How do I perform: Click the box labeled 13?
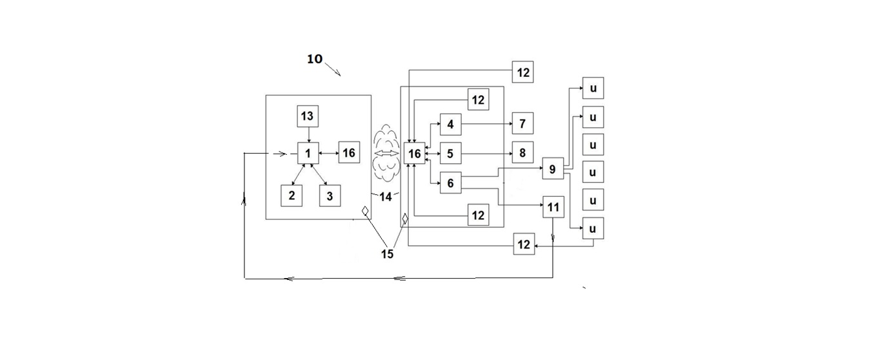tap(308, 116)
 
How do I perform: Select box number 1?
tap(308, 153)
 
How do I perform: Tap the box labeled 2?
tap(292, 195)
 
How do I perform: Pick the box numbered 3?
tap(330, 195)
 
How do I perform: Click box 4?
tap(451, 125)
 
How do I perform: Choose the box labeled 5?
tap(451, 154)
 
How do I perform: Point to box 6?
tap(451, 183)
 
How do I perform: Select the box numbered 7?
tap(523, 123)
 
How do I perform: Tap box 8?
tap(523, 152)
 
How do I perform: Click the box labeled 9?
tap(553, 168)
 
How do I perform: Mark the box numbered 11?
tap(553, 207)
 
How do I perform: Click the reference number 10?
tap(315, 59)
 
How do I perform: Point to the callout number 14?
tap(385, 197)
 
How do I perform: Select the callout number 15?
tap(387, 254)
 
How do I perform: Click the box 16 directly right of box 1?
tap(349, 152)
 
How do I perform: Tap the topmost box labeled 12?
tap(523, 72)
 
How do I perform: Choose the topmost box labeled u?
tap(593, 88)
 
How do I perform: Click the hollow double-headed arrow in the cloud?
tap(386, 153)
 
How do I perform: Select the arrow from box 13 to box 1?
tap(309, 135)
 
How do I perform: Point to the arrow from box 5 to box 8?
tap(487, 154)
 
